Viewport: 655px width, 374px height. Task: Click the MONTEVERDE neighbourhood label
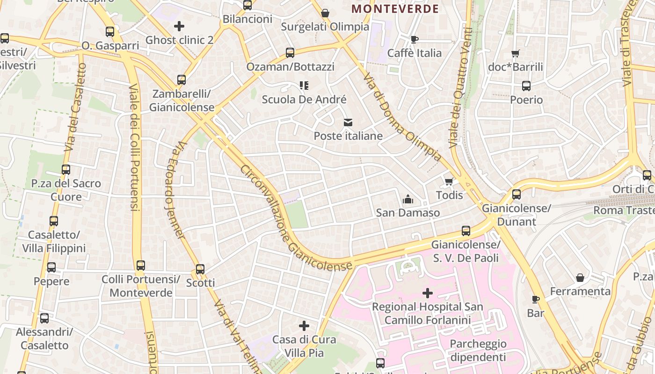click(395, 9)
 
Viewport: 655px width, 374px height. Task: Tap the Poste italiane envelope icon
click(348, 122)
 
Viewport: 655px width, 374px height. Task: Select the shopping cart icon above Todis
click(449, 181)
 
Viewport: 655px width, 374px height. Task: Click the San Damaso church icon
click(408, 200)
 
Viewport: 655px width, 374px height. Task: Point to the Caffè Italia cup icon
click(414, 40)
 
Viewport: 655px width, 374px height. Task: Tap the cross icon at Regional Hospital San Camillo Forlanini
click(427, 293)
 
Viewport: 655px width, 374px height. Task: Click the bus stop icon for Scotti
click(200, 269)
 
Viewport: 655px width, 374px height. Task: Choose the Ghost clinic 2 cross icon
click(179, 26)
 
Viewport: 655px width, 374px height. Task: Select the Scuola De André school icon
click(304, 86)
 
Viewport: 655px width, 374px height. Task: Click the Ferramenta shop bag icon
click(580, 278)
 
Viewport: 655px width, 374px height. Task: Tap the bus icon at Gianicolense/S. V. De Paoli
click(466, 231)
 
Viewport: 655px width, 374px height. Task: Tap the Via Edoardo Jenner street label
click(174, 189)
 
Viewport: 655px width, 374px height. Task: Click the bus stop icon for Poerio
click(526, 86)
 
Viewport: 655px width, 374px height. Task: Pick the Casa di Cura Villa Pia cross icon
click(304, 325)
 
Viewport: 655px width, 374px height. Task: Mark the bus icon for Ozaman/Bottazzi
click(290, 53)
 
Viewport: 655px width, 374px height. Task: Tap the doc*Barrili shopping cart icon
click(515, 54)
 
